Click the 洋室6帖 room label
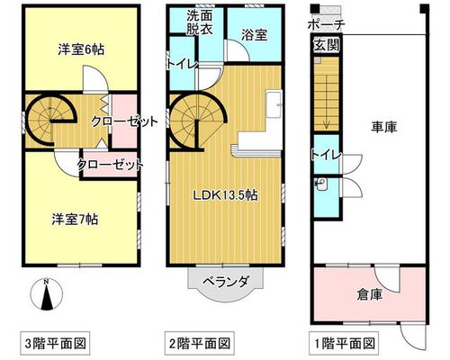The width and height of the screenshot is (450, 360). coord(81,49)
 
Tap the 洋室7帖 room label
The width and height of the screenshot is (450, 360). coord(75,220)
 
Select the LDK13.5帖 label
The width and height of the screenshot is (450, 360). coord(225,195)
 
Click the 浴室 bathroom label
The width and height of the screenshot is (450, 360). coord(255,35)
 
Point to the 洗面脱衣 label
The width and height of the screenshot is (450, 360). coord(200,22)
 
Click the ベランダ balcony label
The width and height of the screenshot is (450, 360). coord(226,282)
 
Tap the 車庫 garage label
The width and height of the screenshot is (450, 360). coord(384,127)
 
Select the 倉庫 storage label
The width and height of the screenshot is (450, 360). coord(370,294)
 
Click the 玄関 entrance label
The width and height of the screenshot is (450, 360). coord(327,45)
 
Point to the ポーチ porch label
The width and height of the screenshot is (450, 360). coord(326,24)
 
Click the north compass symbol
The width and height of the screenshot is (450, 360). coord(47,294)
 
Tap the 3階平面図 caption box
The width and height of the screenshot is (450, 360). coord(55,343)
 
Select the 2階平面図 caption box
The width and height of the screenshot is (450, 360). coord(200,343)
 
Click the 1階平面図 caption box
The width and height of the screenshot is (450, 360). coord(344,343)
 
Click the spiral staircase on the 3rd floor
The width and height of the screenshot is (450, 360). coord(49,120)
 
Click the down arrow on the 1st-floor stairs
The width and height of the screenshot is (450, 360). coord(327,122)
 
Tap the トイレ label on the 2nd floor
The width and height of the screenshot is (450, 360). coord(183,64)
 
